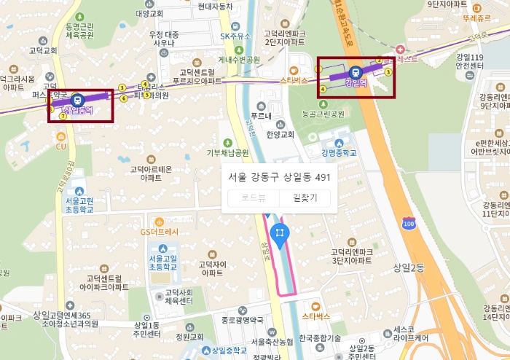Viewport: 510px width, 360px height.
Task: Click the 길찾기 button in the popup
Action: (305, 197)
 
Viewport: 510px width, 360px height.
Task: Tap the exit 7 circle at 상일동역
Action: (63, 116)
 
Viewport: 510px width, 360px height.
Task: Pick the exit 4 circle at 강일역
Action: (323, 89)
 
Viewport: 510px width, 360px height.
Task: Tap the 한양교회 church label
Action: (279, 134)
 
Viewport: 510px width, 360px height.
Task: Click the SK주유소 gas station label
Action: (236, 36)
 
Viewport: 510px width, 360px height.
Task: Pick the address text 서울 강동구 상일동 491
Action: (280, 176)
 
